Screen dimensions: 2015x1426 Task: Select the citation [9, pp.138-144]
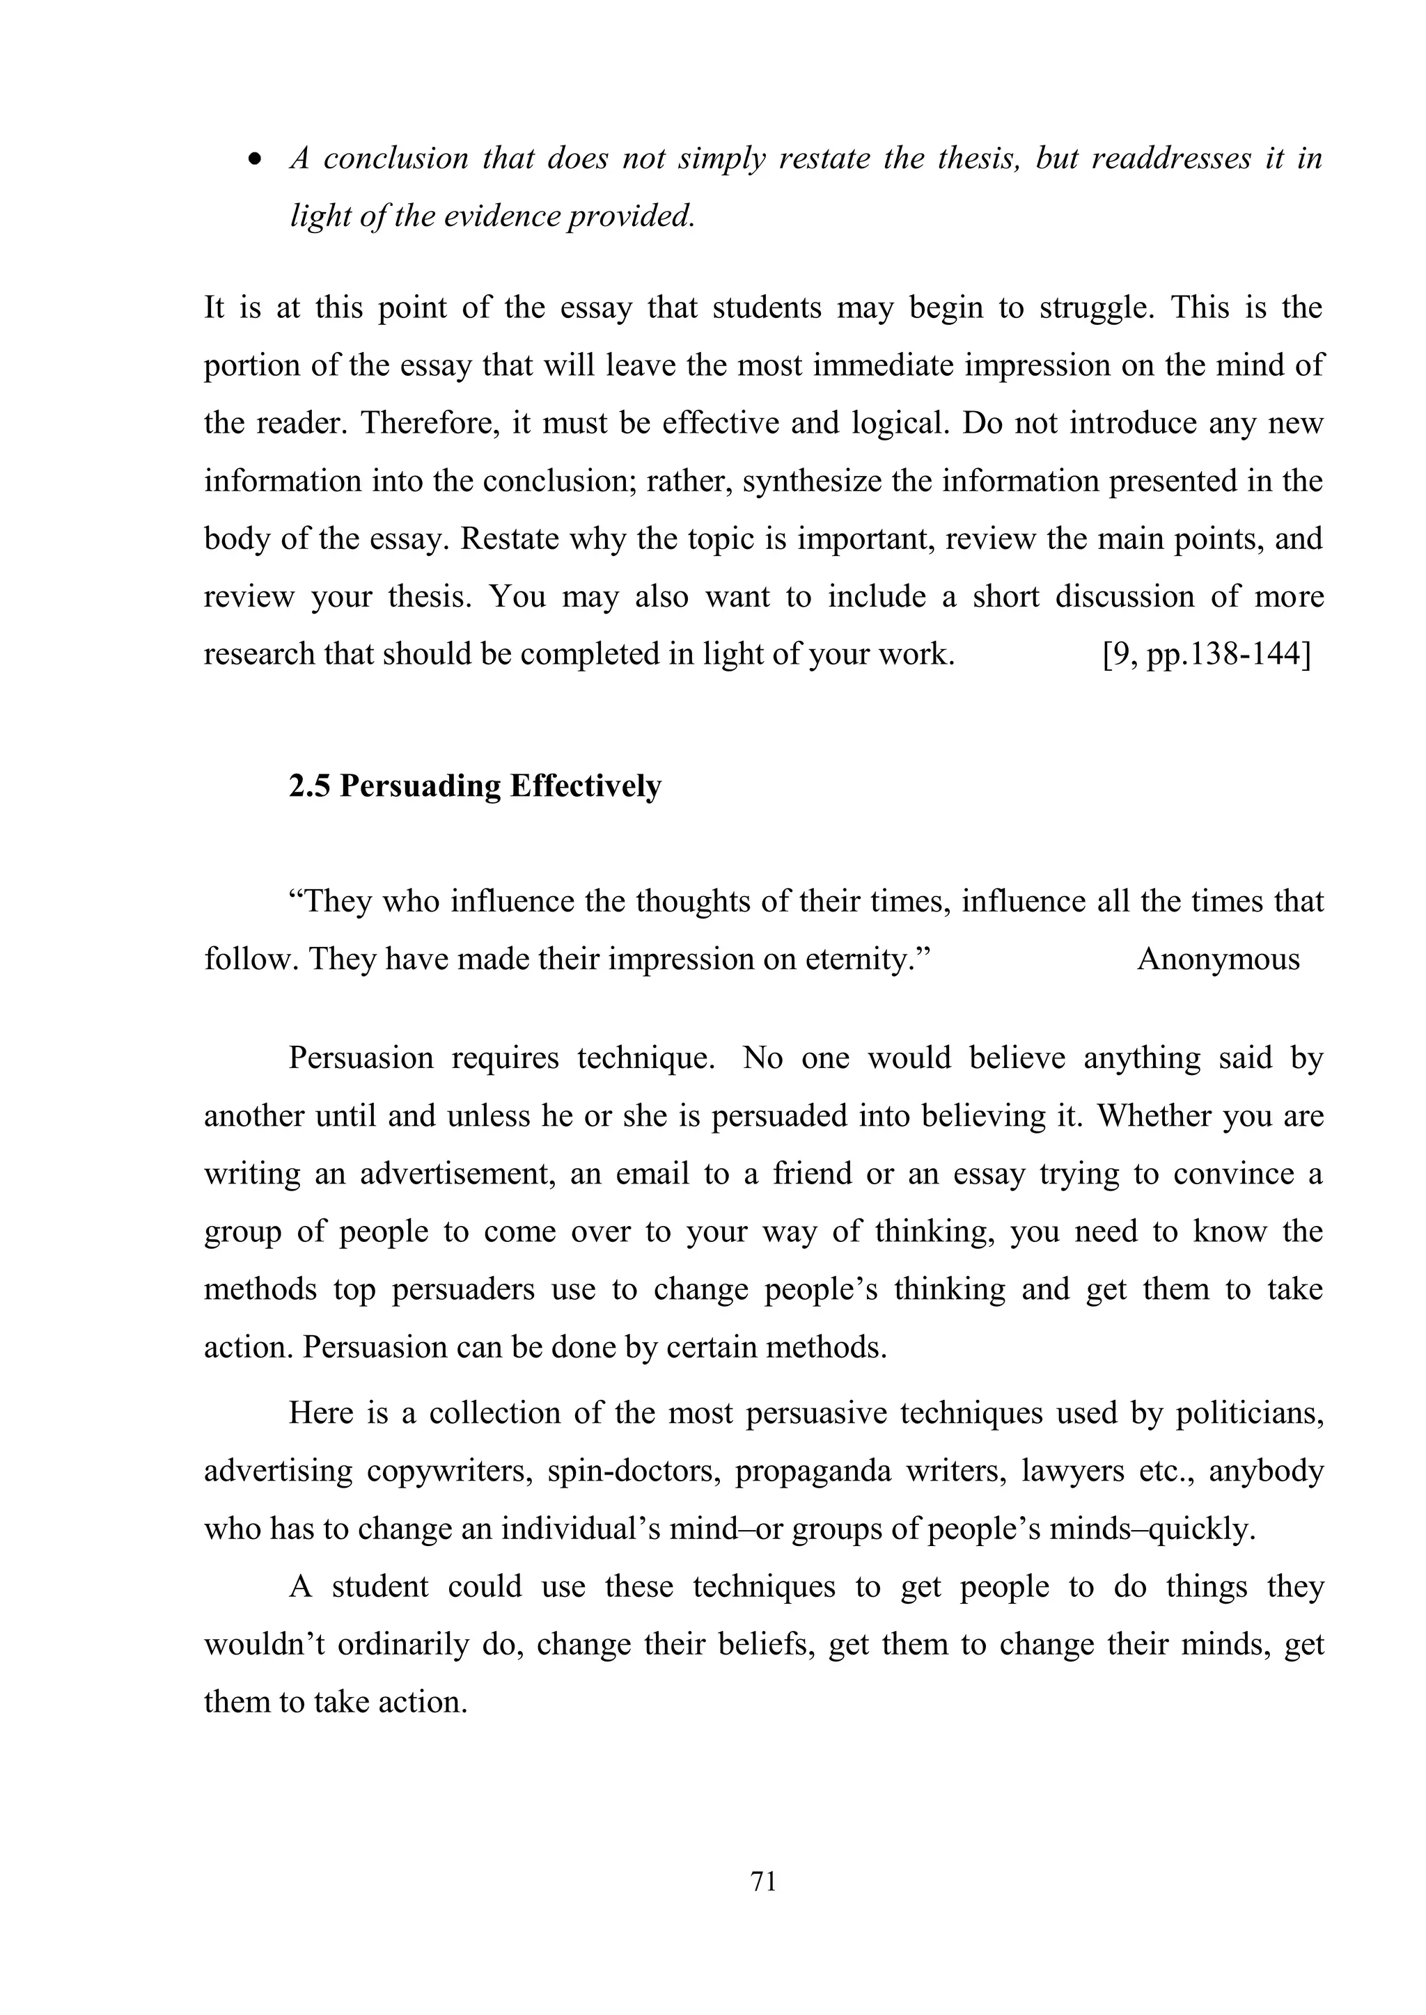click(x=1205, y=655)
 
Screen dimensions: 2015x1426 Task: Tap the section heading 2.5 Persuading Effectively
click(x=474, y=786)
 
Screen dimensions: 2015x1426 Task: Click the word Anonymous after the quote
click(x=1218, y=959)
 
